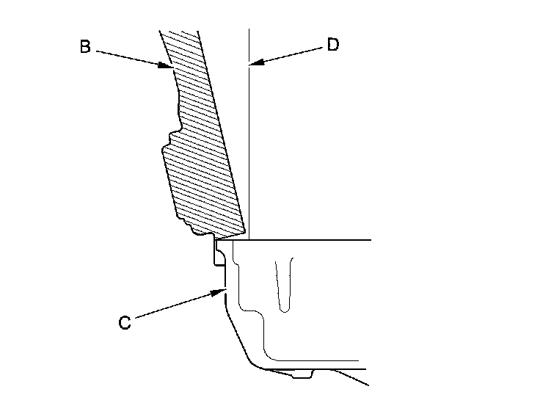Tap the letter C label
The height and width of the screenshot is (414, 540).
pos(125,322)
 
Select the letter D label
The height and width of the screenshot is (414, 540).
pos(332,46)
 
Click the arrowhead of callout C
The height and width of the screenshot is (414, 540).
pos(221,291)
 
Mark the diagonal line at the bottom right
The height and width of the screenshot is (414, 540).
pos(351,377)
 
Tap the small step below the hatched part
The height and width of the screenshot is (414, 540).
pos(217,253)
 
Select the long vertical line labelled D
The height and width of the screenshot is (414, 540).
pos(249,147)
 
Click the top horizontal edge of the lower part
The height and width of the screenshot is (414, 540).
pos(308,239)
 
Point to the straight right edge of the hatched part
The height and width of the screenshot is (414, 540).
pos(224,132)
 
